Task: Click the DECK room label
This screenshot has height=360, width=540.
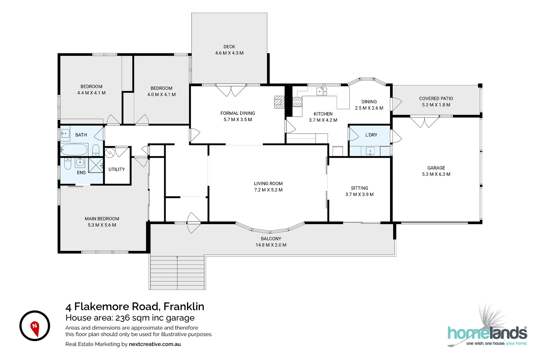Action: (x=229, y=47)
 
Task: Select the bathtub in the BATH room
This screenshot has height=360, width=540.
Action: (x=74, y=149)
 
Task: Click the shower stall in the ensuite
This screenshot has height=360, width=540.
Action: (x=96, y=165)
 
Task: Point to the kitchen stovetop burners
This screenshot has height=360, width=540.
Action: (x=297, y=102)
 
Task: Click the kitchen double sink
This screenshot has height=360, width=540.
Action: (x=322, y=92)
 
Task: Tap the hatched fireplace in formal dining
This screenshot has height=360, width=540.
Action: (x=279, y=102)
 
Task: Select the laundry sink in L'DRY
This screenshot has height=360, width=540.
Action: (x=370, y=151)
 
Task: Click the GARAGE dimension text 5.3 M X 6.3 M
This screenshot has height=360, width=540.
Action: (x=436, y=174)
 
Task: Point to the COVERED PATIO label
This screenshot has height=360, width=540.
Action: (x=436, y=98)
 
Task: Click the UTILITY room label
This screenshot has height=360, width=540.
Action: (x=116, y=169)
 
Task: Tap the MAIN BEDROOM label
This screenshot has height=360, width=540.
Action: (x=102, y=219)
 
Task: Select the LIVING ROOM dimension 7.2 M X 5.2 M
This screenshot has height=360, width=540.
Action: (x=268, y=190)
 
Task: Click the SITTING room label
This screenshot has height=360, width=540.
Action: (x=359, y=188)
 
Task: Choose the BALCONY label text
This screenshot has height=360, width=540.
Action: (x=271, y=239)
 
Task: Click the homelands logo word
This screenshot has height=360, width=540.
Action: (x=487, y=333)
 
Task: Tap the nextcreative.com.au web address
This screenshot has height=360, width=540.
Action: (x=155, y=344)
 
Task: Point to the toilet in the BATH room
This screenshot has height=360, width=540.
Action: (x=96, y=150)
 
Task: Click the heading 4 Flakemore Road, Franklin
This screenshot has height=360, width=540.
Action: (x=135, y=306)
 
